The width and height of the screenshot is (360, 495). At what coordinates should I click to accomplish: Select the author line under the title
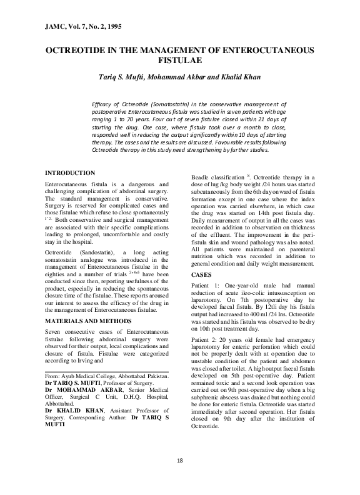pos(180,78)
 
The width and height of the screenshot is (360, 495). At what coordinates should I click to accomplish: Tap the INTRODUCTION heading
pos(71,172)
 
